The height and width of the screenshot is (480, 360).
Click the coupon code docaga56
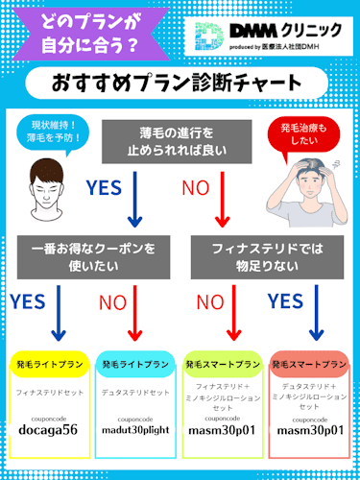pos(50,431)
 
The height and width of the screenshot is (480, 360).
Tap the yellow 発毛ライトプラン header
pos(50,365)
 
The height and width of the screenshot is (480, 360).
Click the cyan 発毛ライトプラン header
pos(136,365)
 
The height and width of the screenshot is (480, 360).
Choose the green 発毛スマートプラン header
pos(222,365)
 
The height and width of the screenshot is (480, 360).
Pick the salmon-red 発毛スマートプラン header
pos(308,365)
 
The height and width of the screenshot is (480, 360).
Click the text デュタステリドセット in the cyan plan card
pos(136,392)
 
